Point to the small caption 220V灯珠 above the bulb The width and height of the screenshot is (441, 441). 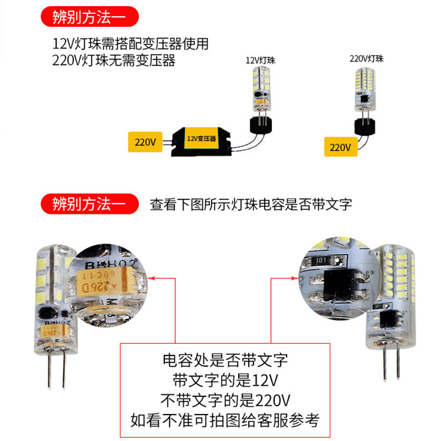(x=366, y=58)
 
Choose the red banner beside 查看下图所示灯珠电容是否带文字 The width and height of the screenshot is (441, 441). (x=89, y=205)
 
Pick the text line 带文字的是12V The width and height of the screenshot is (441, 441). (x=225, y=380)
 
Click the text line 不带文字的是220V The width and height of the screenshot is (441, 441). (x=225, y=399)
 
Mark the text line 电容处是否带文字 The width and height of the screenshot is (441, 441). (x=225, y=361)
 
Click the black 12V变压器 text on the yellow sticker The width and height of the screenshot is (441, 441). (x=201, y=139)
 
